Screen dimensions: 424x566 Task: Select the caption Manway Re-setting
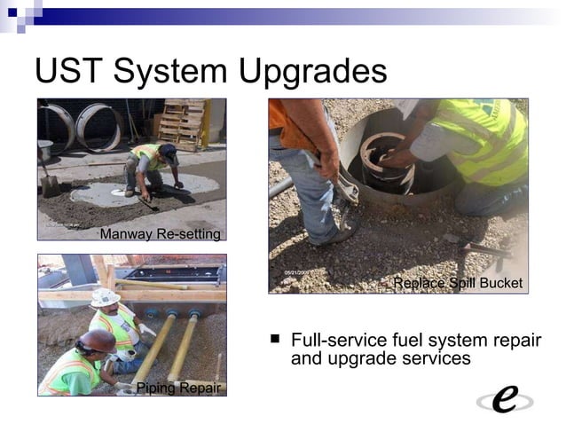click(160, 234)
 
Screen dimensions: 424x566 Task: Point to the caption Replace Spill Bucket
click(458, 283)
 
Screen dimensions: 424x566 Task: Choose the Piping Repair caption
click(177, 388)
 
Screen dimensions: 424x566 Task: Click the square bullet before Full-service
click(275, 338)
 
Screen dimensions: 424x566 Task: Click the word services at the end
click(433, 359)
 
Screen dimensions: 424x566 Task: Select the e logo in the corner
click(505, 399)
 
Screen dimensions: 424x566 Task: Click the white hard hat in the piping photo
click(105, 297)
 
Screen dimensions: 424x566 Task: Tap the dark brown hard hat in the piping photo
click(97, 340)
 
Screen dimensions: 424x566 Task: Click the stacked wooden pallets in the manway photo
click(184, 124)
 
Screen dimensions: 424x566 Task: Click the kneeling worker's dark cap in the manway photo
click(169, 151)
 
